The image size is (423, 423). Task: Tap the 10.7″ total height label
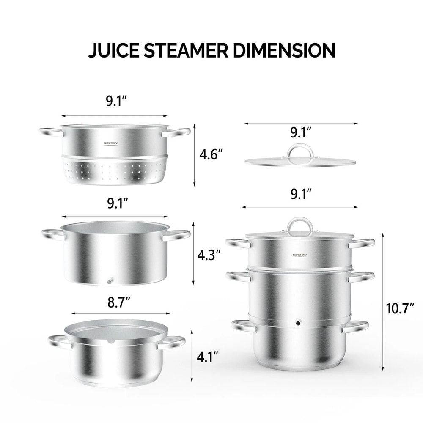pyautogui.click(x=400, y=309)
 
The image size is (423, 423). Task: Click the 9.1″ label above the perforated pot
pyautogui.click(x=117, y=102)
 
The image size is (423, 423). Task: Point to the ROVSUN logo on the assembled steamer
pyautogui.click(x=301, y=255)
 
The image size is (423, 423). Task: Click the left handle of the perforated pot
pyautogui.click(x=51, y=132)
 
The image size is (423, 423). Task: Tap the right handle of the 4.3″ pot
pyautogui.click(x=177, y=235)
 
